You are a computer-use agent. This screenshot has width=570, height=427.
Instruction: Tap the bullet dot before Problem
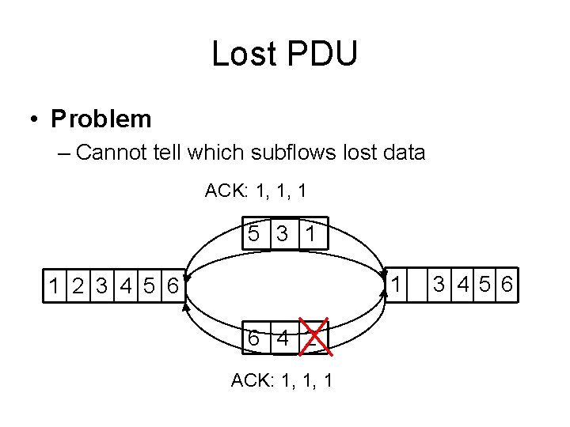pos(35,119)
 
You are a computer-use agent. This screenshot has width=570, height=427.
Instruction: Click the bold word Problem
pos(101,119)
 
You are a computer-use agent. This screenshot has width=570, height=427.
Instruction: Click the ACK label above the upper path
pos(223,191)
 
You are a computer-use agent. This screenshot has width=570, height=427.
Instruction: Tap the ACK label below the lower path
pos(249,380)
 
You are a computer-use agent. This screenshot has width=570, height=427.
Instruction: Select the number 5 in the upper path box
pos(253,234)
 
